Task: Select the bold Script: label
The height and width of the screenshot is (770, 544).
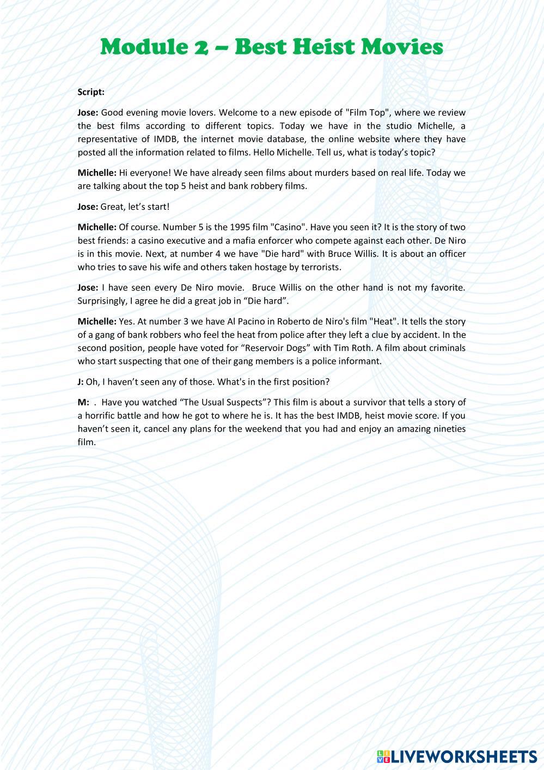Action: tap(91, 92)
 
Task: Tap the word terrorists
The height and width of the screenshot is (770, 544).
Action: tap(321, 267)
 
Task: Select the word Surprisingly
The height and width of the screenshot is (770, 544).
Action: tap(102, 301)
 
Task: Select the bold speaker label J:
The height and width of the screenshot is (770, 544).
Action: tap(81, 381)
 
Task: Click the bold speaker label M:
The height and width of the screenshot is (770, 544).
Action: tap(83, 402)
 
